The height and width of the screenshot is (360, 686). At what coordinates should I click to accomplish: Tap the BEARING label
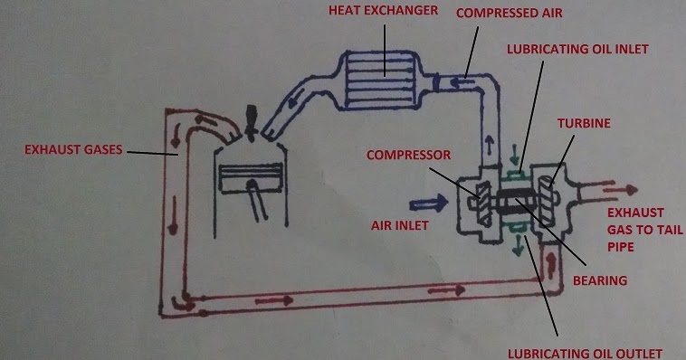tap(600, 280)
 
